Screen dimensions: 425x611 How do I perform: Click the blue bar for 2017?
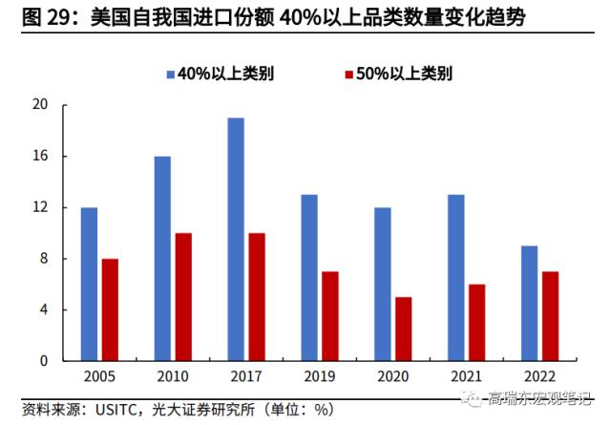click(x=236, y=240)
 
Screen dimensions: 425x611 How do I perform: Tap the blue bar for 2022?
click(x=529, y=304)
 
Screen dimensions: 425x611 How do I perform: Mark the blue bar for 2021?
click(x=456, y=278)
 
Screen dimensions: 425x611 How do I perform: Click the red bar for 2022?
click(x=552, y=316)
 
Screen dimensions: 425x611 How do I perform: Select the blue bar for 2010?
click(x=162, y=259)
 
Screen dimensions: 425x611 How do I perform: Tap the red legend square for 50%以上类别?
click(x=348, y=74)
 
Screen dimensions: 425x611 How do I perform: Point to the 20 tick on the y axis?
click(x=40, y=105)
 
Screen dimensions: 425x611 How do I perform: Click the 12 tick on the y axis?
click(x=40, y=207)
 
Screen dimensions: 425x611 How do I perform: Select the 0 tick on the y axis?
click(x=44, y=362)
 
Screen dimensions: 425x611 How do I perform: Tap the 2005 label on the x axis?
click(x=100, y=378)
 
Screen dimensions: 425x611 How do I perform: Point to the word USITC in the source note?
click(x=116, y=409)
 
